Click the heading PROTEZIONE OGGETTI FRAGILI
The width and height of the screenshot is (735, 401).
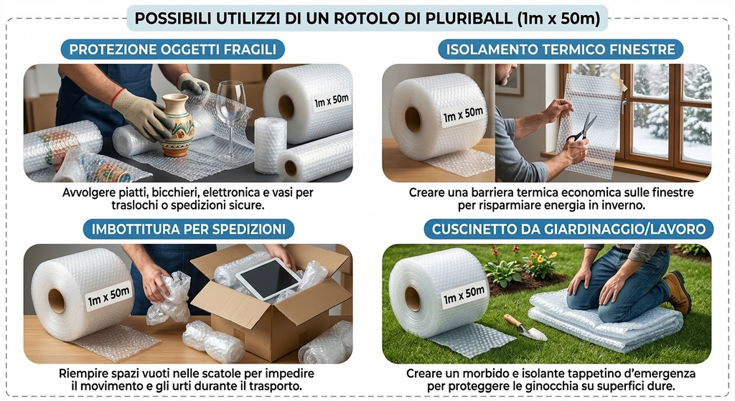tap(172, 49)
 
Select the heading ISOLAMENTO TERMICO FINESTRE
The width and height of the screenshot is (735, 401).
tap(561, 49)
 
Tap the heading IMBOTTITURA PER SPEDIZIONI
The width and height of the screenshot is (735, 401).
tap(188, 230)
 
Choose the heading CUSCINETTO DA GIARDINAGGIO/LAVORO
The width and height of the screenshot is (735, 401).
tap(569, 230)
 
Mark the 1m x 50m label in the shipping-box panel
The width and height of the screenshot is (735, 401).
tap(108, 296)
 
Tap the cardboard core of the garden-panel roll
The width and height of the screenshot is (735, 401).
tap(413, 298)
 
